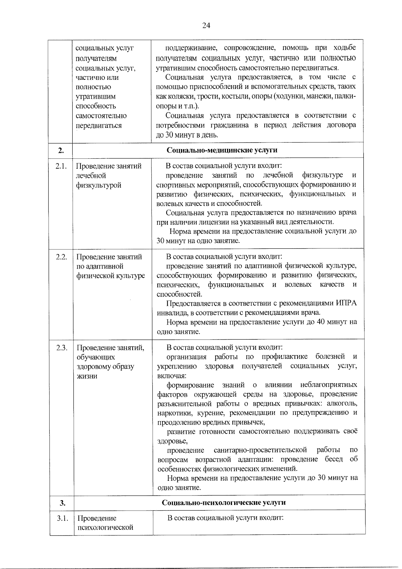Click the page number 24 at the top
206,26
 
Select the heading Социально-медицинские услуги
222,150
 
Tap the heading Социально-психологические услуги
224,502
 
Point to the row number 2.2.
61,257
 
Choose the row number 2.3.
62,348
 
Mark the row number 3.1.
63,518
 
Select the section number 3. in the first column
62,503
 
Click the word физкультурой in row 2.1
98,185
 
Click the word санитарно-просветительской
260,450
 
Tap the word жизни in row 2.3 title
87,376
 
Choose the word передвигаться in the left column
98,126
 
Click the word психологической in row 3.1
105,528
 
